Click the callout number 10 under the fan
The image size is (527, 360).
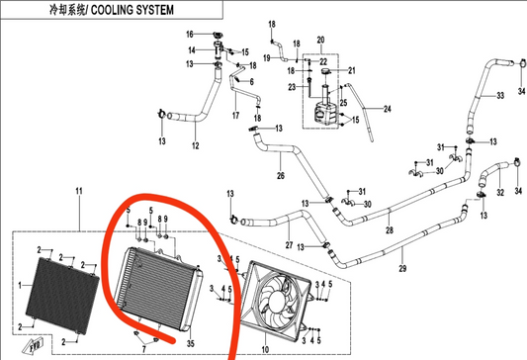coord(264,348)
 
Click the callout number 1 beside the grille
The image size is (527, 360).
coord(18,285)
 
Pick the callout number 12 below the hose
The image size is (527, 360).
coord(195,147)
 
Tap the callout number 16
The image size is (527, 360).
coord(192,36)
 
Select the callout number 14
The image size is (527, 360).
coord(192,48)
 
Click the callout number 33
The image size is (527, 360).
coord(500,96)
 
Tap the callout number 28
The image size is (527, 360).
coord(389,231)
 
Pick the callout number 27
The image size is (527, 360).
coord(288,244)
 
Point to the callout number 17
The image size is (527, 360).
coord(235,116)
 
